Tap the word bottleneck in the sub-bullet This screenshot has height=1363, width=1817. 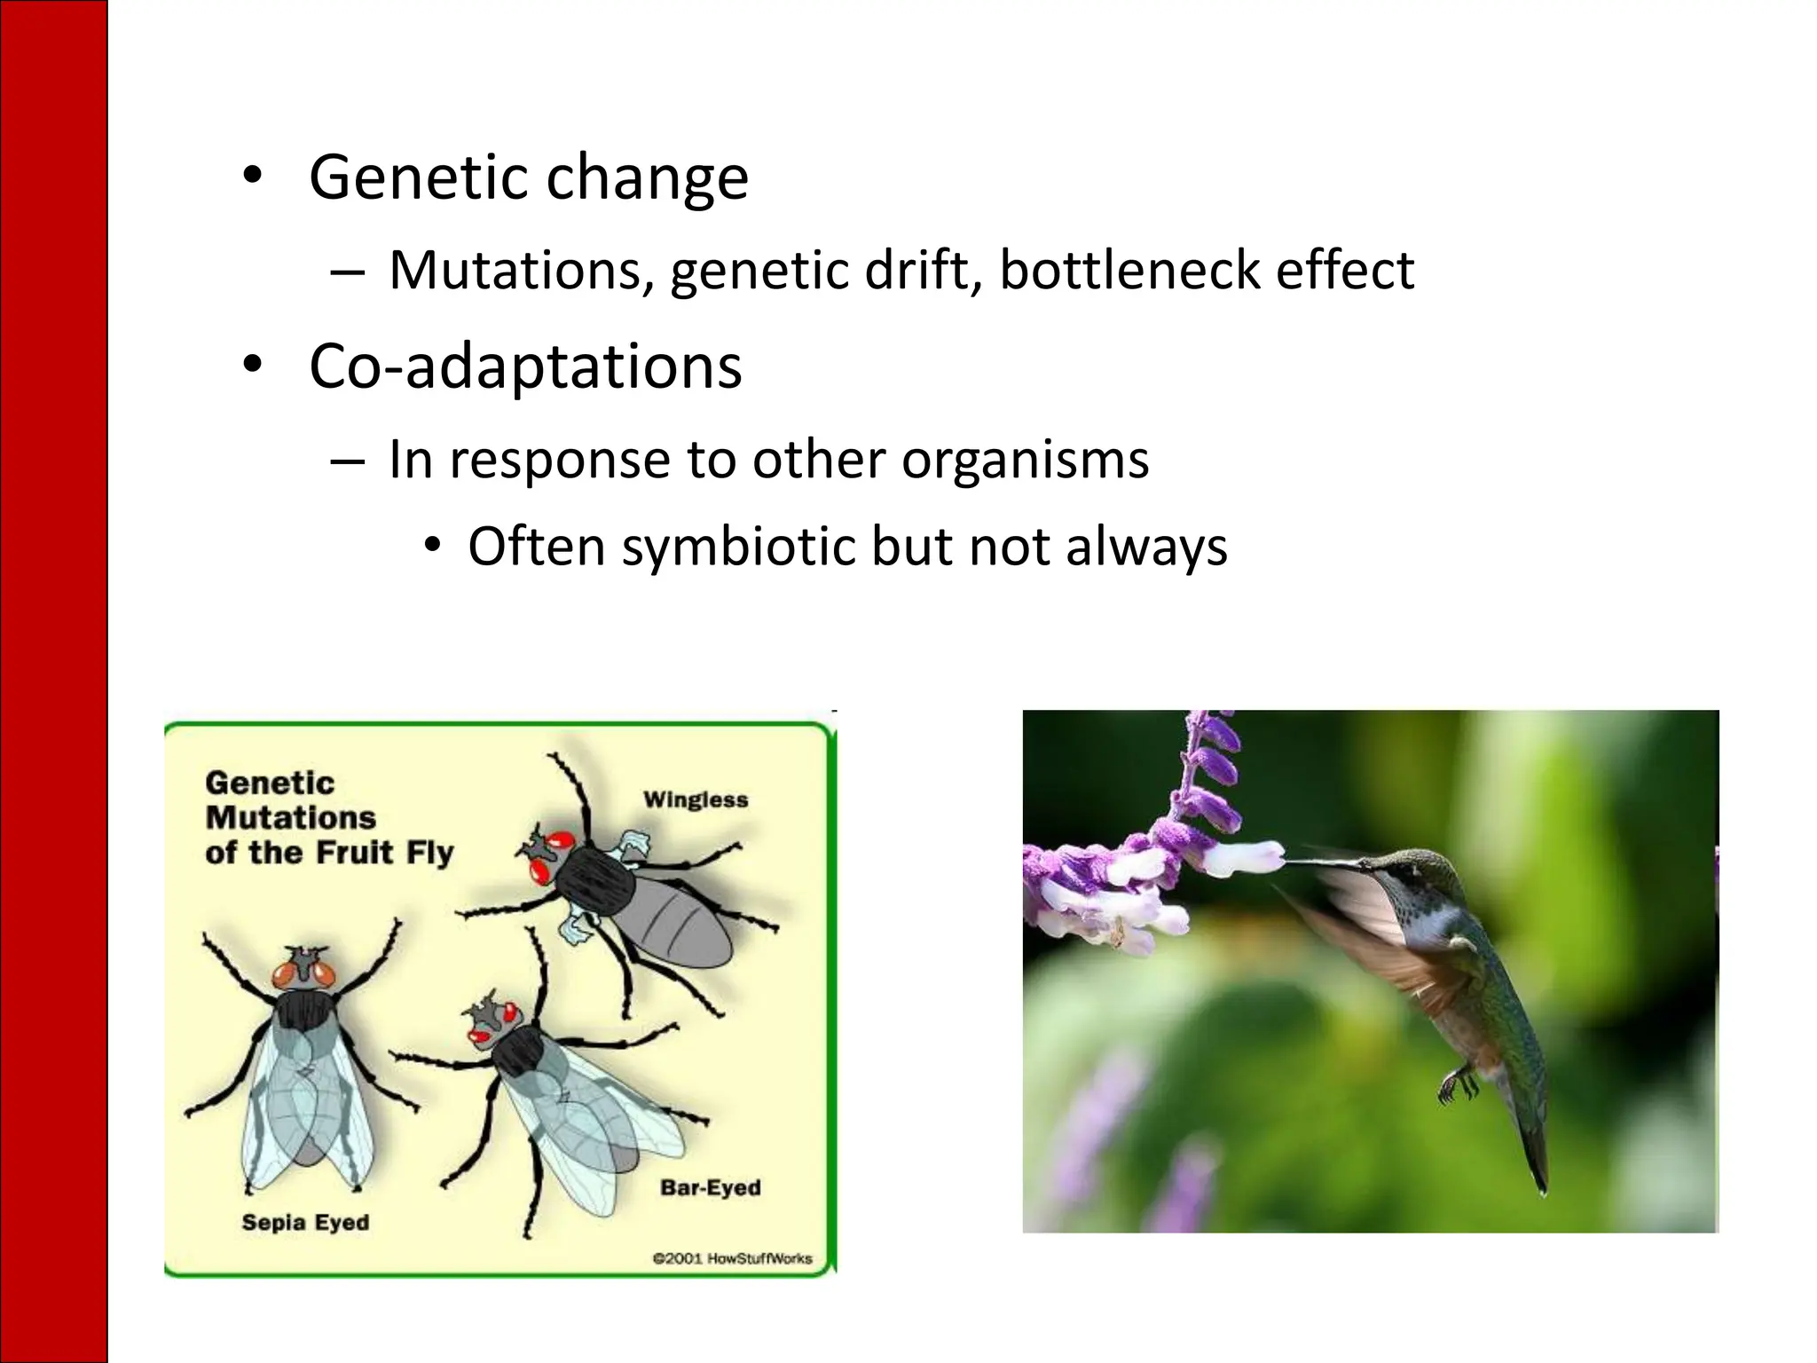1129,270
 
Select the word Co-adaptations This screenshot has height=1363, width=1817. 525,366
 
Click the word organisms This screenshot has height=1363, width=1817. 1025,460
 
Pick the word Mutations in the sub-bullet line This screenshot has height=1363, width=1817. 515,270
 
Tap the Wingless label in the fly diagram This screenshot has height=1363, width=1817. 696,800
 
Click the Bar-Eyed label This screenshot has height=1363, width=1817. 710,1187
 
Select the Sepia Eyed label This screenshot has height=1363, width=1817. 305,1222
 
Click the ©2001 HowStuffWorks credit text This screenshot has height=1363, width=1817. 732,1257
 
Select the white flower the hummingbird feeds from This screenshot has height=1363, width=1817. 1242,857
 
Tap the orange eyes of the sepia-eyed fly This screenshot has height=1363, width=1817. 305,973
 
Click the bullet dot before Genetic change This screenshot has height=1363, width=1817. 253,176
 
